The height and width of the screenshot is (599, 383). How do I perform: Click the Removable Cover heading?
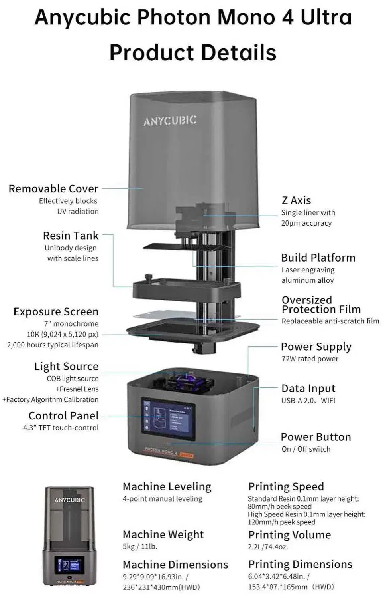(x=53, y=188)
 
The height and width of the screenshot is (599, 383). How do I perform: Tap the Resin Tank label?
(x=71, y=236)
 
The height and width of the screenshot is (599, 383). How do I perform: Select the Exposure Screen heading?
(x=56, y=312)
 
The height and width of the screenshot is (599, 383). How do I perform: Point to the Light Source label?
(x=66, y=366)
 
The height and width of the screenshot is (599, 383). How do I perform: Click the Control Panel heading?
(x=63, y=416)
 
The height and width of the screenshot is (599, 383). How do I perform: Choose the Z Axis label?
(x=296, y=200)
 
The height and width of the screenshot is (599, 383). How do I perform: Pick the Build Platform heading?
(x=318, y=258)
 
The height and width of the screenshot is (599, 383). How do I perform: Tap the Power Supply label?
(x=316, y=347)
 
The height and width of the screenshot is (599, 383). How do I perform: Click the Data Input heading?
(x=308, y=389)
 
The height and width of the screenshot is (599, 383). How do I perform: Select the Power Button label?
(x=316, y=437)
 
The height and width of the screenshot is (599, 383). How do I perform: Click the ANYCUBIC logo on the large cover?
(x=170, y=121)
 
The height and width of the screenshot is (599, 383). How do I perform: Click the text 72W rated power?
(x=310, y=359)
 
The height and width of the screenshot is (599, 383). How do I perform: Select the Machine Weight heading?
(x=163, y=534)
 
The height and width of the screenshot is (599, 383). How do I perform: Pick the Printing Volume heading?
(x=289, y=535)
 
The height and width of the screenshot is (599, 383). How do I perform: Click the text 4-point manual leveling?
(x=162, y=499)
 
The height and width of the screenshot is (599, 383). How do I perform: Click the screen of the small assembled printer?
(x=69, y=565)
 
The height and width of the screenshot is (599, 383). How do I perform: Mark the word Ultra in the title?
(x=326, y=18)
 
